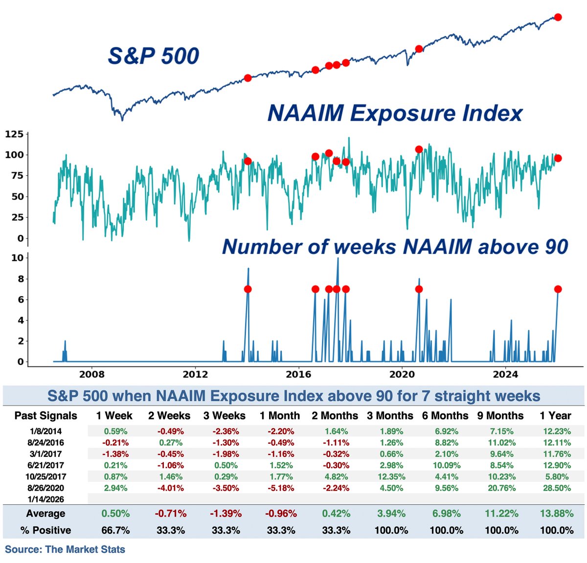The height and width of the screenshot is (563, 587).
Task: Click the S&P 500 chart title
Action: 153,56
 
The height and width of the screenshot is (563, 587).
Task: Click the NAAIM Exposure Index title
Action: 395,113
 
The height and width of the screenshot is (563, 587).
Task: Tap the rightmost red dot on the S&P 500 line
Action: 558,17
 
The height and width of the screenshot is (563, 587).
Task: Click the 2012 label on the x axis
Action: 195,374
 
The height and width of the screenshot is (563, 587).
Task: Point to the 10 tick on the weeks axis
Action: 18,258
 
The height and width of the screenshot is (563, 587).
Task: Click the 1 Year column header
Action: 555,416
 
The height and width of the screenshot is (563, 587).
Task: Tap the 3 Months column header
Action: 391,416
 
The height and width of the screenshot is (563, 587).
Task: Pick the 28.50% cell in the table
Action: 557,488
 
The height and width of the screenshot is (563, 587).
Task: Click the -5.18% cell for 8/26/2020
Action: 281,488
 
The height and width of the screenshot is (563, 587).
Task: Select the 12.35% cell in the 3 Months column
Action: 391,476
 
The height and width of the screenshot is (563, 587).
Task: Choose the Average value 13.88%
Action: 557,514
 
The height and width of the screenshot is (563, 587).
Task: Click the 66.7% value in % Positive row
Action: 115,530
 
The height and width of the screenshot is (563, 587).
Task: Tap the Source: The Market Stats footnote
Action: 65,549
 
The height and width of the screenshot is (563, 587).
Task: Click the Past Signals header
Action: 46,416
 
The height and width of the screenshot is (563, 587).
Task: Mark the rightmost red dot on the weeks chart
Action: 558,289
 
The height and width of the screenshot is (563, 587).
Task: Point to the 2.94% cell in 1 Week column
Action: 115,488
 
